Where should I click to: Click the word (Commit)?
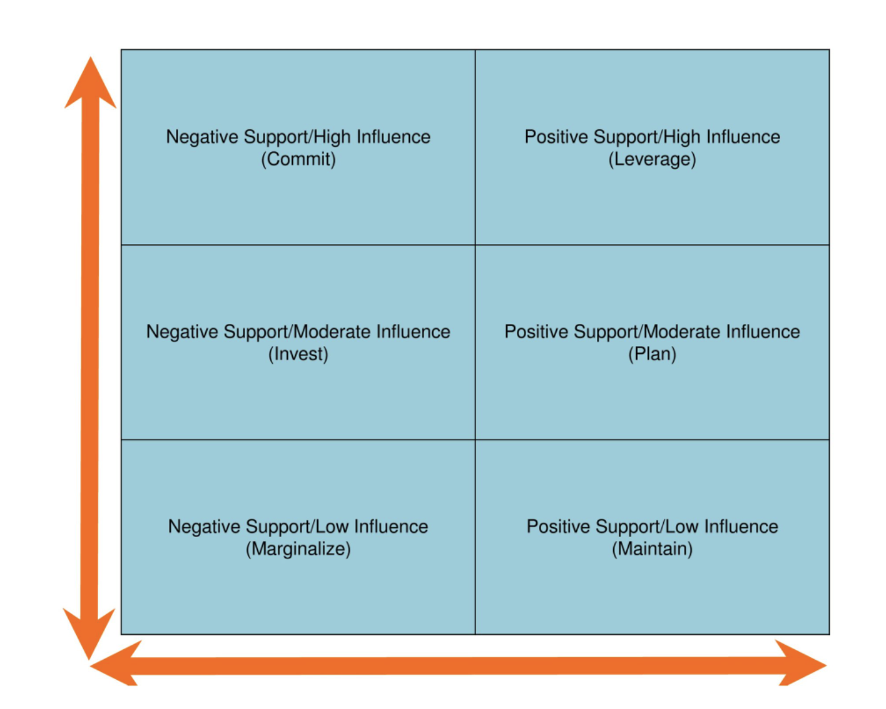298,159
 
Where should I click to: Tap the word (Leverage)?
652,159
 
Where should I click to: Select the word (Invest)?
298,354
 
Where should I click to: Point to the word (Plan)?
652,354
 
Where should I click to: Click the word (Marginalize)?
298,549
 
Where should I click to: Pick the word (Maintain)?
652,549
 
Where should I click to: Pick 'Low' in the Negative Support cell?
333,527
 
